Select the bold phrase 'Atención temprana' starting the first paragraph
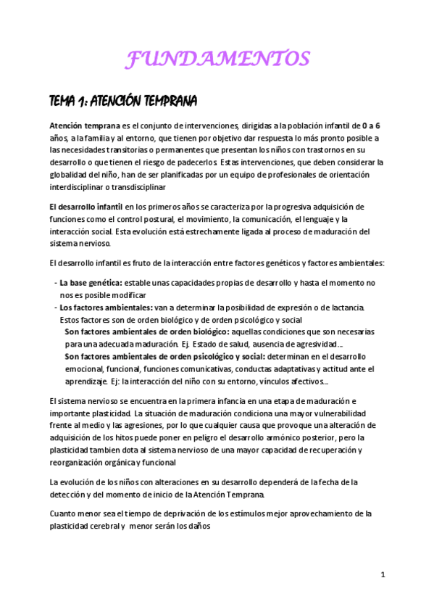(80, 125)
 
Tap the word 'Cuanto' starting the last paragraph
(63, 514)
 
